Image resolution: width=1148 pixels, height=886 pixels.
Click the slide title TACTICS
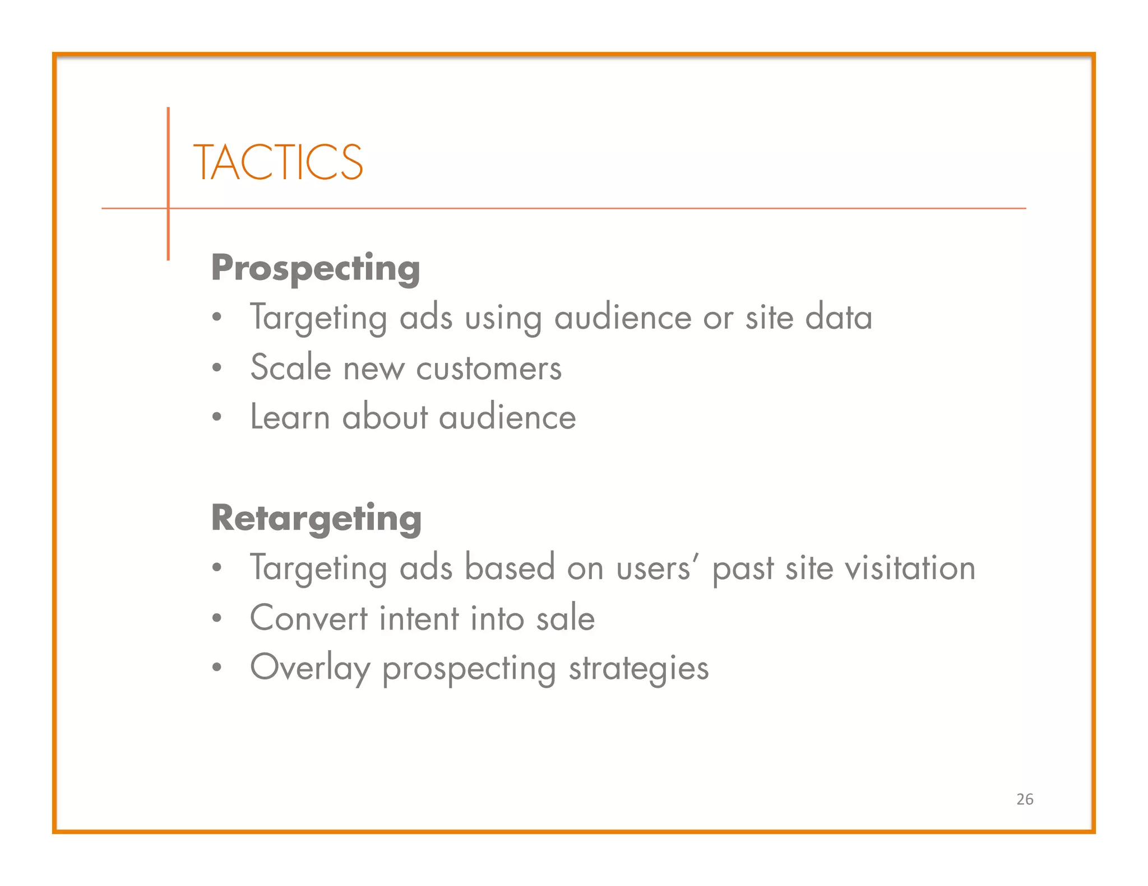278,162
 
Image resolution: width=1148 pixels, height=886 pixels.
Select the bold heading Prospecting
316,268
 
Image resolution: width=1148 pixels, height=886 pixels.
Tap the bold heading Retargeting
316,519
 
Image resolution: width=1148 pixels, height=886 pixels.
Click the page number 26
1025,799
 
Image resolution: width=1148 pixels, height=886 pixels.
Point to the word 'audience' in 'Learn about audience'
507,418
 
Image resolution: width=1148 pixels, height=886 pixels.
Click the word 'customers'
489,369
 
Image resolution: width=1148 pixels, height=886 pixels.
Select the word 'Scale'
290,368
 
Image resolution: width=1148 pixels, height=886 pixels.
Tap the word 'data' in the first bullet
839,318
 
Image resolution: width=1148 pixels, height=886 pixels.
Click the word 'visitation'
910,568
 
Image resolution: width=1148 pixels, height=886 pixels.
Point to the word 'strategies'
639,668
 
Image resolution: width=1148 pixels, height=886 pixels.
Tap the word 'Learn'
290,418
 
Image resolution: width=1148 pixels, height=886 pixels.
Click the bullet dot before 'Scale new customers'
217,369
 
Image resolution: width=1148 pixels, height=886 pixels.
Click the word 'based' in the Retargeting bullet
510,568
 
